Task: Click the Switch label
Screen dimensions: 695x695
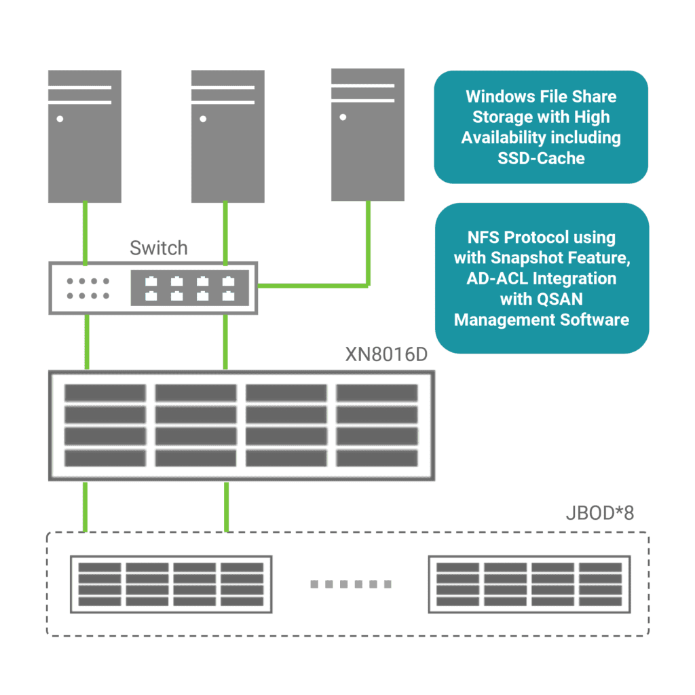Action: tap(158, 248)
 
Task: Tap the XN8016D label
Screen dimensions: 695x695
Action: tap(386, 355)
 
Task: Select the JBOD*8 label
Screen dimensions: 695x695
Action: tap(599, 513)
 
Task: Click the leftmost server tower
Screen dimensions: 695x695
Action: tap(85, 136)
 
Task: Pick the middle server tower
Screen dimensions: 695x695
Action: tap(227, 136)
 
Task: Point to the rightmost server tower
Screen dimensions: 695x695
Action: tap(367, 134)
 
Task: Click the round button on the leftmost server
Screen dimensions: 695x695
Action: tap(60, 119)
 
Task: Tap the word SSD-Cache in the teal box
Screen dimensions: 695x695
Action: tap(541, 157)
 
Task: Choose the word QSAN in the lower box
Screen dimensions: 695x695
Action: tap(565, 299)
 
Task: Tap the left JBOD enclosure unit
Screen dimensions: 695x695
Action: tap(171, 584)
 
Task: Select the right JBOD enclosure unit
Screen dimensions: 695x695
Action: tap(529, 584)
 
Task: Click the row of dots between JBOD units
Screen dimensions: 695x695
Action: tap(351, 584)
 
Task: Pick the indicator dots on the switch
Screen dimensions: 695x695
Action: tap(88, 288)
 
